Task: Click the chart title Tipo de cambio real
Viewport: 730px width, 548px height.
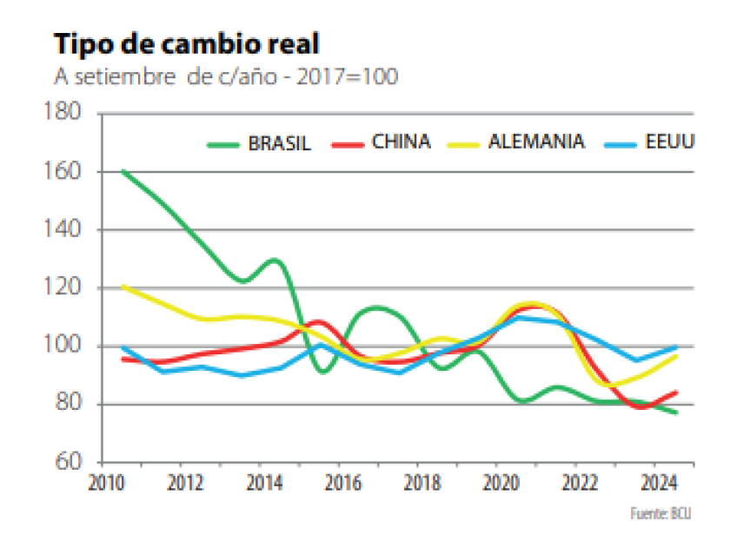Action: click(187, 43)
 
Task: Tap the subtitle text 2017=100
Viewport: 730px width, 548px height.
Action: click(348, 77)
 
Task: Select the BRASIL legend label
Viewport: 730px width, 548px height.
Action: click(280, 143)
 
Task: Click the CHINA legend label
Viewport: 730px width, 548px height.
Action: click(401, 142)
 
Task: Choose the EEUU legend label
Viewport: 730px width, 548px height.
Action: click(671, 142)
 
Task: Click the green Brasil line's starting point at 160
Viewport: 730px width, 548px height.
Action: click(123, 171)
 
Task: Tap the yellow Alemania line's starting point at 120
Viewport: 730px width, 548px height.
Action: click(123, 287)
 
